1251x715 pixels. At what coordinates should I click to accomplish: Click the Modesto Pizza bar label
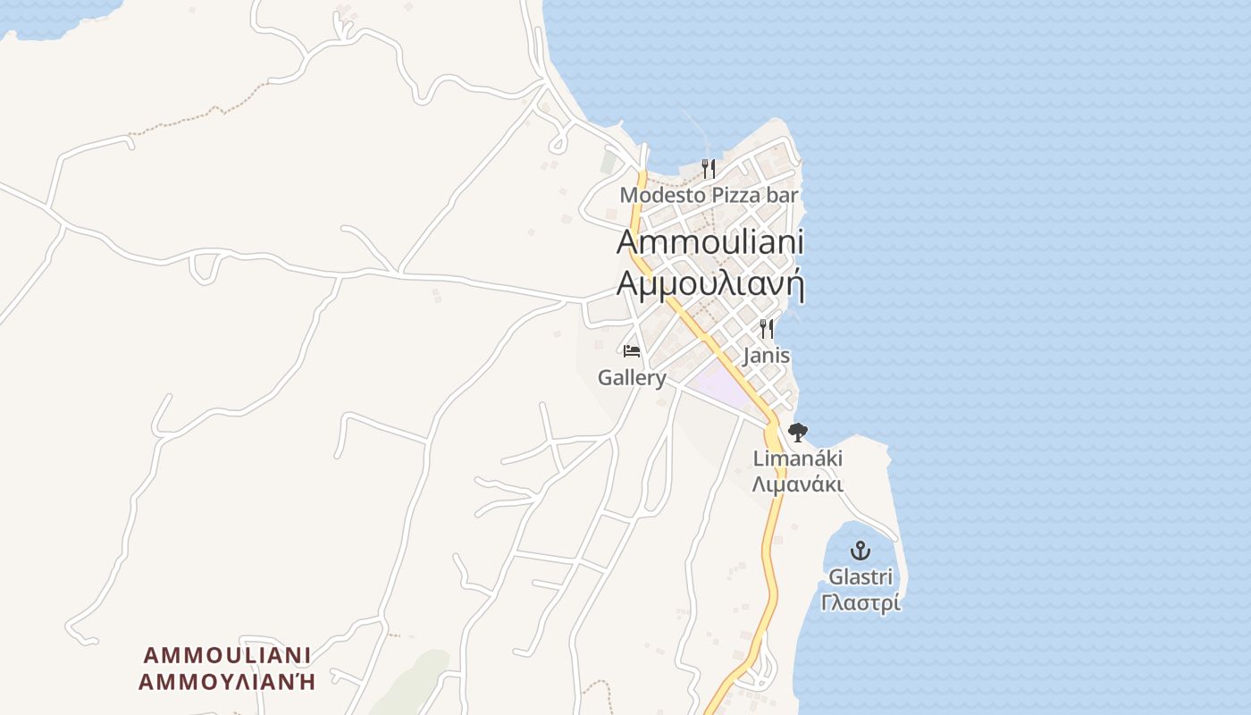709,195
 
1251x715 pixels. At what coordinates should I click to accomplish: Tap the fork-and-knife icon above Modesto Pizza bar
709,168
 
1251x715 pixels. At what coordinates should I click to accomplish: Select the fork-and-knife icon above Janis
766,329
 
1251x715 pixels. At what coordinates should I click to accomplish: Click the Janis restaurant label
766,356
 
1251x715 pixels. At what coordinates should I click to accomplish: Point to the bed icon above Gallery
632,350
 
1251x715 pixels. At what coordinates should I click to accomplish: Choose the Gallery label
632,378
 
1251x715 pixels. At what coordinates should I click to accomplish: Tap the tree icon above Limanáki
797,433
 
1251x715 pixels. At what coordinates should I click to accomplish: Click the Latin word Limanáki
797,459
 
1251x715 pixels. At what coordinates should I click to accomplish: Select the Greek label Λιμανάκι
797,485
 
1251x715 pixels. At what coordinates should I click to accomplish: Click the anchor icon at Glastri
860,551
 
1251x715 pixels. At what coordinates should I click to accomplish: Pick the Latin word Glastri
860,576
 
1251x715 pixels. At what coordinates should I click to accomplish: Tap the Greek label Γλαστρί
860,603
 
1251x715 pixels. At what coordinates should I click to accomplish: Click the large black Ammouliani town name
709,242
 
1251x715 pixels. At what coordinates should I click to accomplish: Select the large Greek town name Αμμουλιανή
709,283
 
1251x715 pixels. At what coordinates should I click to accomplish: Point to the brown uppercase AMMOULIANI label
227,655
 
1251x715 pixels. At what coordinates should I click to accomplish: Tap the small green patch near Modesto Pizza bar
609,163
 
